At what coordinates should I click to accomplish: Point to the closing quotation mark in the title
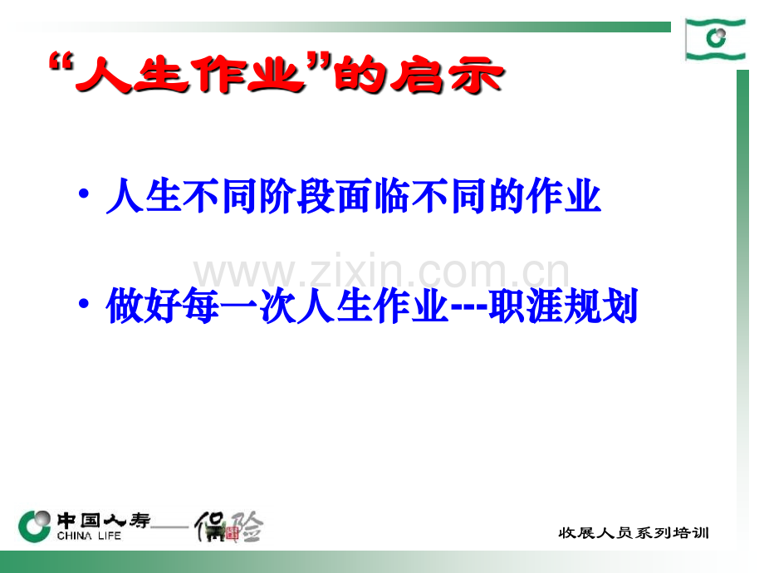tap(320, 65)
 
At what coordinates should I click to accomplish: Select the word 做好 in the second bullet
tap(144, 307)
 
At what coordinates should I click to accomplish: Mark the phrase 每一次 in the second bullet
tap(239, 307)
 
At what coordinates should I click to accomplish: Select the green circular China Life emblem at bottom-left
tap(36, 525)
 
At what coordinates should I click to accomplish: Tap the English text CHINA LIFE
tap(90, 536)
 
